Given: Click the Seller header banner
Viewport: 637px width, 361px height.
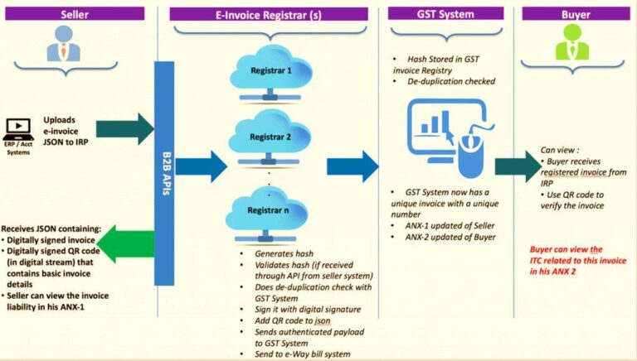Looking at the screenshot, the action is (75, 14).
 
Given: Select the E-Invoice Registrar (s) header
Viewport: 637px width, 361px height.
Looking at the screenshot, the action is (269, 14).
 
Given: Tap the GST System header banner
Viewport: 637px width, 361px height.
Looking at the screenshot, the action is (445, 13).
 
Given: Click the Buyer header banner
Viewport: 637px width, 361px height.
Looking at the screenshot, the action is (576, 14).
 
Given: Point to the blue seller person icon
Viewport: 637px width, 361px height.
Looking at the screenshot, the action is (63, 43).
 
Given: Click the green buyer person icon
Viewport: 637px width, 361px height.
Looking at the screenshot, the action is (572, 41).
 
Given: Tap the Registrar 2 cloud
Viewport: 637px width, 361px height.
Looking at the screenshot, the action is (270, 138).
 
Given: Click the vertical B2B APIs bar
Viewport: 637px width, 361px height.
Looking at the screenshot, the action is (164, 173).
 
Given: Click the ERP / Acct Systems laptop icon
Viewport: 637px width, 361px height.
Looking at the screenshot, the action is (18, 129).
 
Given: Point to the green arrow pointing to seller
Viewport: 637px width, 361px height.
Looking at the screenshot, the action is (125, 243).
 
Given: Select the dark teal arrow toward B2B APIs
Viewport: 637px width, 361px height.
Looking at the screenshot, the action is (125, 129).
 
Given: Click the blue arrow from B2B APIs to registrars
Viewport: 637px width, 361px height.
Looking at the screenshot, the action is (201, 166).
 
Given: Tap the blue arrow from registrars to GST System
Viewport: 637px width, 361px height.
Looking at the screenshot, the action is (353, 166).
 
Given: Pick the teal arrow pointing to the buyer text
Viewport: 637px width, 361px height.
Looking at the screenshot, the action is (518, 166).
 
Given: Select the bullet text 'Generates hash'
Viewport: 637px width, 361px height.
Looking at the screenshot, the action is (284, 254).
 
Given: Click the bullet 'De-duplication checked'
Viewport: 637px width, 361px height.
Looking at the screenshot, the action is (451, 81).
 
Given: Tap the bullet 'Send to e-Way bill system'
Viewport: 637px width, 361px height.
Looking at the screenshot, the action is (302, 354).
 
